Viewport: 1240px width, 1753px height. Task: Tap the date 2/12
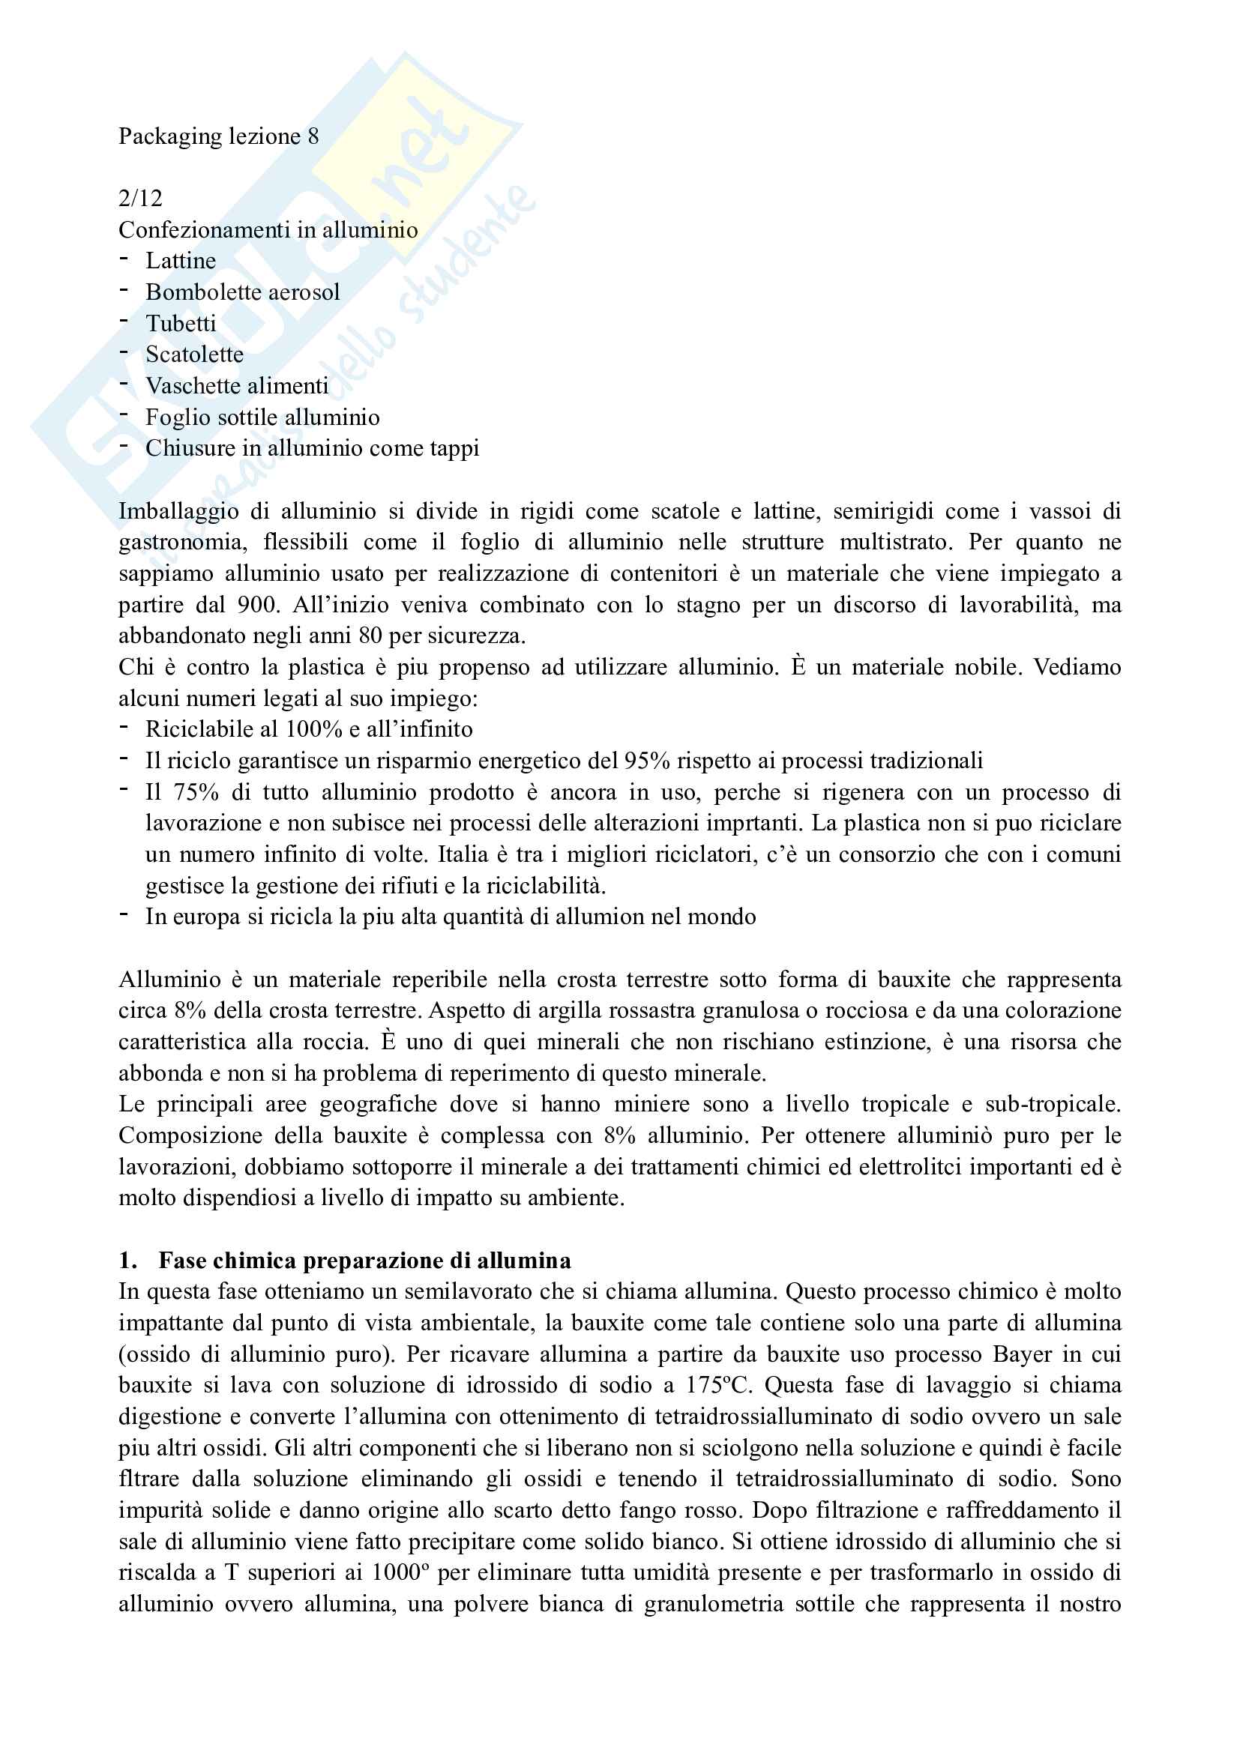coord(140,199)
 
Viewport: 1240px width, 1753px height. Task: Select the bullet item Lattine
coord(181,261)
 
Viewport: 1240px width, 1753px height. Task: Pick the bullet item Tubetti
coord(181,324)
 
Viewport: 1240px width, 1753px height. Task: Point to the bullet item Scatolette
coord(195,355)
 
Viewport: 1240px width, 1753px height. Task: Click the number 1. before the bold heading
coord(127,1261)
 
